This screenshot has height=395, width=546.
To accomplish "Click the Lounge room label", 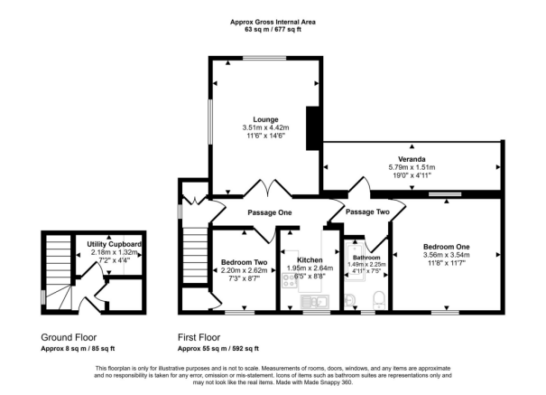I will [265, 119].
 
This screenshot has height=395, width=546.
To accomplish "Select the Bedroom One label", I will [448, 246].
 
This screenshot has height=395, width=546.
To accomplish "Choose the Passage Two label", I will [367, 212].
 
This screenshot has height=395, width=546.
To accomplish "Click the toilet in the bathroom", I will [379, 299].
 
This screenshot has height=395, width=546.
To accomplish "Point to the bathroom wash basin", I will [353, 299].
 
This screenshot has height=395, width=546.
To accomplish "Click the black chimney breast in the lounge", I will [313, 127].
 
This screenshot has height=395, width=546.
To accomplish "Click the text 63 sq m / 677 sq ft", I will [272, 29].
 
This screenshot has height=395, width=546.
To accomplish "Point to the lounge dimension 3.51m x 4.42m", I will [265, 128].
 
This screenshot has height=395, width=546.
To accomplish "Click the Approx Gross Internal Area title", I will [272, 19].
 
